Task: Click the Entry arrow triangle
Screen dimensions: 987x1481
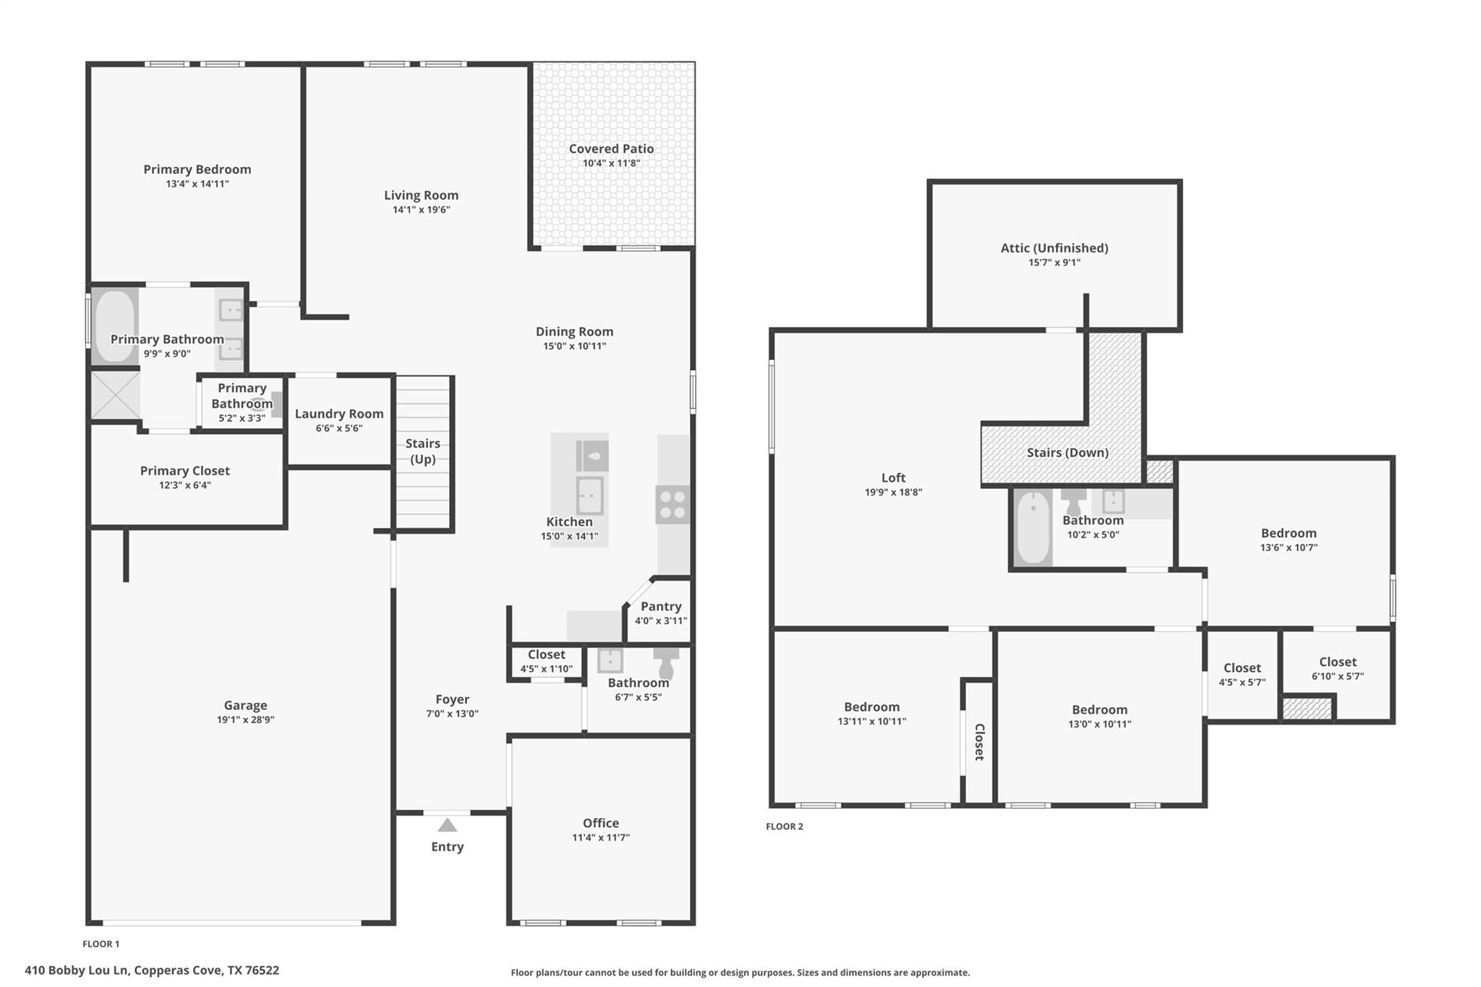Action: click(447, 825)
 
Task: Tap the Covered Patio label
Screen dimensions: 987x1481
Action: click(611, 149)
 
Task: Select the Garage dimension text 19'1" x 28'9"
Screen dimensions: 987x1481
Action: click(245, 719)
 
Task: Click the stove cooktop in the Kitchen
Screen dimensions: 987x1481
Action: click(673, 504)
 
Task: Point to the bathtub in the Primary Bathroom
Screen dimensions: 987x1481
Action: click(114, 326)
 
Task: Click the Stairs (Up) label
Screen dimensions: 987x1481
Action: click(422, 451)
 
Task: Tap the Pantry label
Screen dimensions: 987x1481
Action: click(660, 607)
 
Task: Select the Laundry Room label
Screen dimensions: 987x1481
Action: click(338, 414)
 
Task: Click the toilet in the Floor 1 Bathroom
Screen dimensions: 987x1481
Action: click(666, 662)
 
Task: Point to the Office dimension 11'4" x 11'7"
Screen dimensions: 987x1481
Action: click(600, 837)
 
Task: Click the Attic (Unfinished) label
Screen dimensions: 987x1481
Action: click(1054, 248)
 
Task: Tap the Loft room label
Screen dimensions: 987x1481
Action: click(893, 478)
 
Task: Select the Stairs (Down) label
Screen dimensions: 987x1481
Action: click(1067, 453)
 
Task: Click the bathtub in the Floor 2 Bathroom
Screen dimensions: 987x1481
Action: click(1033, 527)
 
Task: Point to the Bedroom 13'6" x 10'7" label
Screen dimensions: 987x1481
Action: click(1288, 534)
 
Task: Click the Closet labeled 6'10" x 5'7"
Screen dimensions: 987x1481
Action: click(1337, 662)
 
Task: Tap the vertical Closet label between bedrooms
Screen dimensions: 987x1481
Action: click(979, 742)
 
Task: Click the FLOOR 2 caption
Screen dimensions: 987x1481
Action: click(784, 826)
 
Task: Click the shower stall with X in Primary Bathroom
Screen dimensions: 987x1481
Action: click(115, 395)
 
